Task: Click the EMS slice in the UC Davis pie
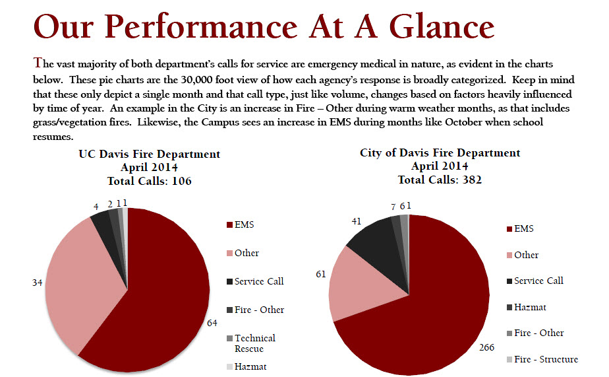click(x=165, y=291)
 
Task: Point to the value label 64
click(x=212, y=323)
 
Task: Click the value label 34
click(x=38, y=283)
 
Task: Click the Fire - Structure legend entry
click(x=545, y=359)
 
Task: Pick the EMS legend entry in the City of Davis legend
click(x=524, y=228)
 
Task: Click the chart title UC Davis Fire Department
click(x=150, y=154)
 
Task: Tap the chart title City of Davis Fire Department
click(x=440, y=153)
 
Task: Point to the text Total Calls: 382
click(x=440, y=180)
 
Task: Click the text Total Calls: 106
click(x=150, y=181)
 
